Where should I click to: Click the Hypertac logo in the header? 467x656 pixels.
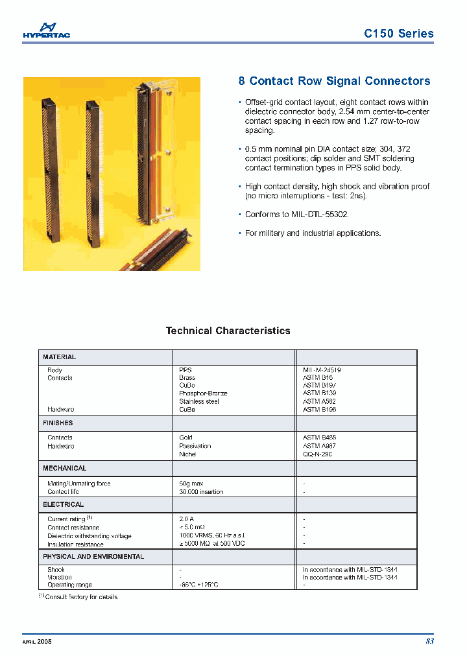[46, 30]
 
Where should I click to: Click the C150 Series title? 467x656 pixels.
[399, 34]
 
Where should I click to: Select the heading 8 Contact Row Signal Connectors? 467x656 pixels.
[334, 81]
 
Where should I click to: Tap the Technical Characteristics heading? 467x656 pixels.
[228, 331]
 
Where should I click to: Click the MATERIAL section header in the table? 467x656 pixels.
[60, 357]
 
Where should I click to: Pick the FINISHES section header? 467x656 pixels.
[58, 423]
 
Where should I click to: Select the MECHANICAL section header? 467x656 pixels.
[64, 468]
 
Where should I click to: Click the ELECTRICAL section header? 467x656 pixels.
[63, 504]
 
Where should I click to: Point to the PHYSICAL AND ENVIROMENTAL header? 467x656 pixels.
[93, 557]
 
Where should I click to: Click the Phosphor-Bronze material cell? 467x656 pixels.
[203, 393]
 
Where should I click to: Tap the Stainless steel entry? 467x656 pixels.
[199, 401]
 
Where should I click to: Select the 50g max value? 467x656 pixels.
[192, 484]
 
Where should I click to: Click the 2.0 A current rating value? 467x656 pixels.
[187, 519]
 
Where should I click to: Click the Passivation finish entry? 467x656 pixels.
[195, 446]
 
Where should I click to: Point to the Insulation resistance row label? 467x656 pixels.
[75, 545]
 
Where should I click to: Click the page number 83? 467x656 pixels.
[429, 641]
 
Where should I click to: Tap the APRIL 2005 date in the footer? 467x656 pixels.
[37, 641]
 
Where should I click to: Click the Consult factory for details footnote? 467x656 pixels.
[81, 597]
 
